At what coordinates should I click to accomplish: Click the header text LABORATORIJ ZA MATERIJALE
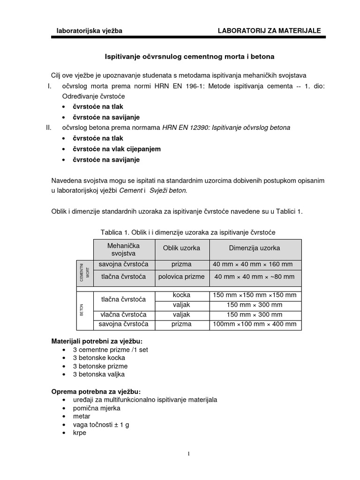coord(269,30)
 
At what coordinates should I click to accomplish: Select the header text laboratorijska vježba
coord(89,31)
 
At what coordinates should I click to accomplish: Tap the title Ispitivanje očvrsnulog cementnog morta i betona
coord(189,56)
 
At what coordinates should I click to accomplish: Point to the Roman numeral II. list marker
coord(45,127)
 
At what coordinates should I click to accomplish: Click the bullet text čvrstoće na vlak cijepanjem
coord(117,149)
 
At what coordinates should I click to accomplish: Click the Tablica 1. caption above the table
coord(188,232)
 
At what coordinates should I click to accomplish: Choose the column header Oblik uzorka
coord(181,248)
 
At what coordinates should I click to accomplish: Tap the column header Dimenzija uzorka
coord(255,248)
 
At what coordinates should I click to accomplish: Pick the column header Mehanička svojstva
coord(123,249)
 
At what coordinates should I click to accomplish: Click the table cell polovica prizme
coord(181,277)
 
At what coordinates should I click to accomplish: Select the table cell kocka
coord(181,295)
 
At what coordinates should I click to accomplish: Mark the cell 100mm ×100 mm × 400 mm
coord(255,324)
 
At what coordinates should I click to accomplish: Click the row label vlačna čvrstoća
coord(124,315)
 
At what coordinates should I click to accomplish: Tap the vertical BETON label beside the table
coord(82,309)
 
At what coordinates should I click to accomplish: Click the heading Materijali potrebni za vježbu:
coord(97,340)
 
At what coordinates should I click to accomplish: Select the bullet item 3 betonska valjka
coord(98,374)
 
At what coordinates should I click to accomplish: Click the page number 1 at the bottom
coord(188,453)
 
